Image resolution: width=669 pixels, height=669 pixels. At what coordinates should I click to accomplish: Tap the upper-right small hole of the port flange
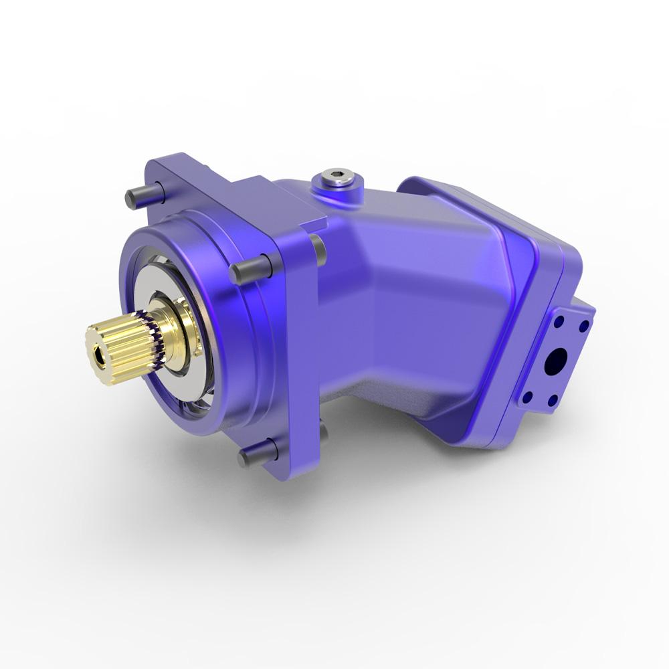[584, 326]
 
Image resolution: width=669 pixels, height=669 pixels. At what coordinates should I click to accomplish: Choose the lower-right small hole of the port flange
[553, 401]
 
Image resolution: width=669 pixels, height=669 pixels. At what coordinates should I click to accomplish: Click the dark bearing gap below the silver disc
[187, 395]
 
